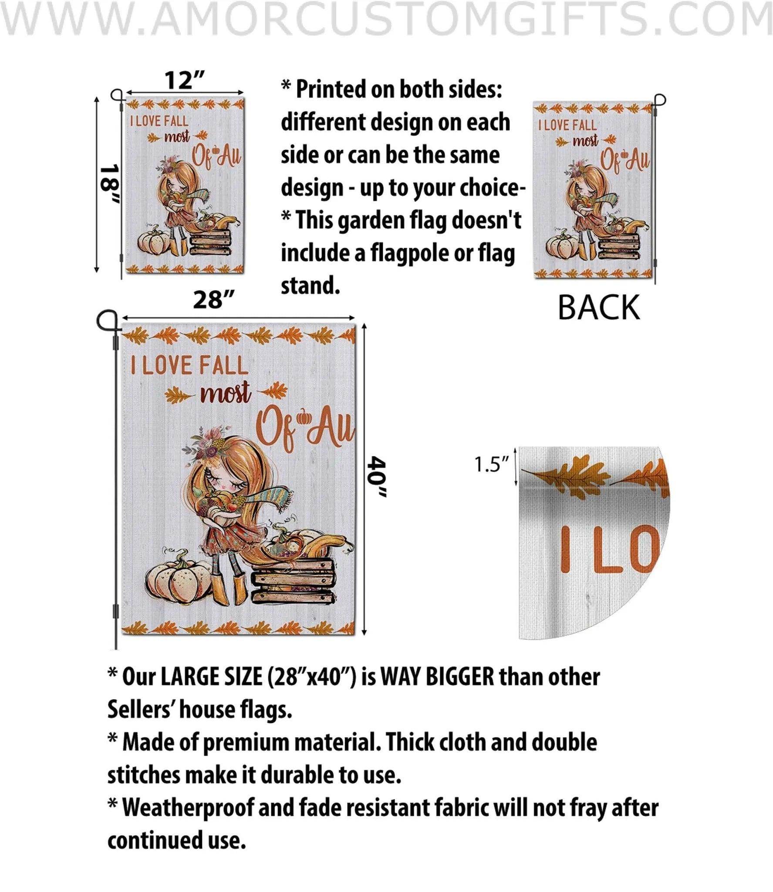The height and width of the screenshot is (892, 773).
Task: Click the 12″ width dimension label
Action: tap(184, 80)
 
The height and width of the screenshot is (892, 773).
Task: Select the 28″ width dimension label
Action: tap(214, 300)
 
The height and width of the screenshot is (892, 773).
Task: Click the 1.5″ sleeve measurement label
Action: tap(492, 465)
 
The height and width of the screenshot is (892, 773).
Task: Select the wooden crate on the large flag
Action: tap(291, 581)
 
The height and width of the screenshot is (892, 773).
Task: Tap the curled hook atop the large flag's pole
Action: tap(107, 321)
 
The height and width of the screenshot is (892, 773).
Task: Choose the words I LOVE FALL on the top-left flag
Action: tap(159, 122)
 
